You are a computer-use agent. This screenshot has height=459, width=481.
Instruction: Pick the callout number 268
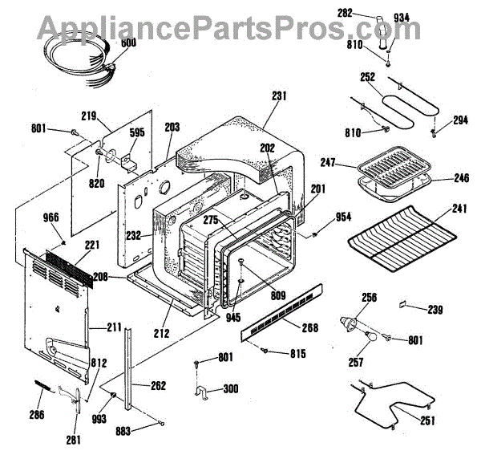[309, 327]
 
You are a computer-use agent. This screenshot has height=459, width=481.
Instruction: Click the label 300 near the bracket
[231, 389]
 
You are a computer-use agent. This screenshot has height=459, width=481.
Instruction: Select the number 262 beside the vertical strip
[158, 385]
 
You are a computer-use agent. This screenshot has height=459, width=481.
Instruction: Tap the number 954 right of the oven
[342, 217]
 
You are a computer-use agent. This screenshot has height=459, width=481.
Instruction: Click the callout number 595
[137, 134]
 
